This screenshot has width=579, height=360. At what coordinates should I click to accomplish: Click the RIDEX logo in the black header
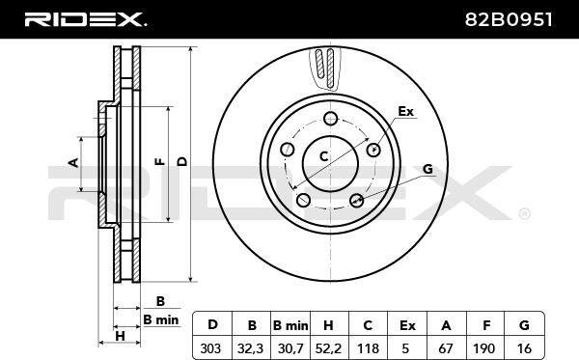click(x=85, y=19)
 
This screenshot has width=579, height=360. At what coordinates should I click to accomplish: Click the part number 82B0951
click(x=509, y=19)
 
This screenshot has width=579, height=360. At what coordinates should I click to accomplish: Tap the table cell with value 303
click(x=212, y=347)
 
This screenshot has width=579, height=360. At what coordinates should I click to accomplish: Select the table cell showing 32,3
click(x=252, y=347)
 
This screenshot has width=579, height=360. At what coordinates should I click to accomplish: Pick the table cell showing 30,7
click(x=290, y=347)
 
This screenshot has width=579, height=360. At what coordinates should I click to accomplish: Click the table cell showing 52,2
click(x=329, y=347)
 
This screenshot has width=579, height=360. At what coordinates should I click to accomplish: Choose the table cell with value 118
click(x=369, y=347)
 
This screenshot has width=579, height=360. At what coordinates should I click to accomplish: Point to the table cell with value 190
click(x=485, y=347)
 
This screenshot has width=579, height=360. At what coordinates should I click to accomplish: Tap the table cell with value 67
click(x=447, y=347)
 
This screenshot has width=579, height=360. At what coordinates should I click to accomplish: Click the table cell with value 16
click(x=524, y=347)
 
